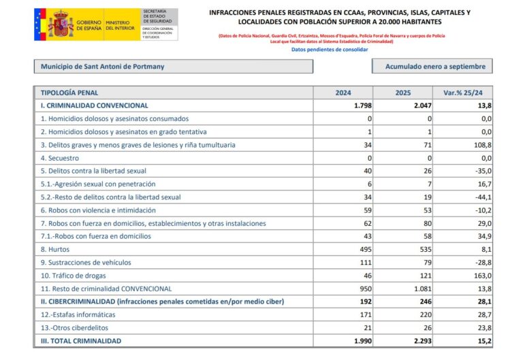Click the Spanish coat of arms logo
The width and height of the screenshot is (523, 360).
pos(61,24)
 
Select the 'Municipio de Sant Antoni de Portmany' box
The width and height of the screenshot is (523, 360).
pos(173,67)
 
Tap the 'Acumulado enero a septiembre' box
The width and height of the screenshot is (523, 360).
pos(432,67)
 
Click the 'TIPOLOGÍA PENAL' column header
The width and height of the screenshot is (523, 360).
pos(69,93)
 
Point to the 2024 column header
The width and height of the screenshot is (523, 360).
pos(343,93)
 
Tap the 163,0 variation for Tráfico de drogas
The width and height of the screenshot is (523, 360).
pos(481,276)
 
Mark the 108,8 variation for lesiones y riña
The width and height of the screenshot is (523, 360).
pos(481,145)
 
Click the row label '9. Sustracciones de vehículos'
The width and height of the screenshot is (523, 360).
pos(86,263)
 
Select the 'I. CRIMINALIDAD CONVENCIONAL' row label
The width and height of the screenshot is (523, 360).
pos(94,106)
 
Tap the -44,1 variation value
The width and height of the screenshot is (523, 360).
pos(481,197)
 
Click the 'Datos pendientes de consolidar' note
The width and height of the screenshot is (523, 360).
pos(330,50)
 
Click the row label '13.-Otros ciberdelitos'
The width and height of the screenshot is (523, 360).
pos(76,328)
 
